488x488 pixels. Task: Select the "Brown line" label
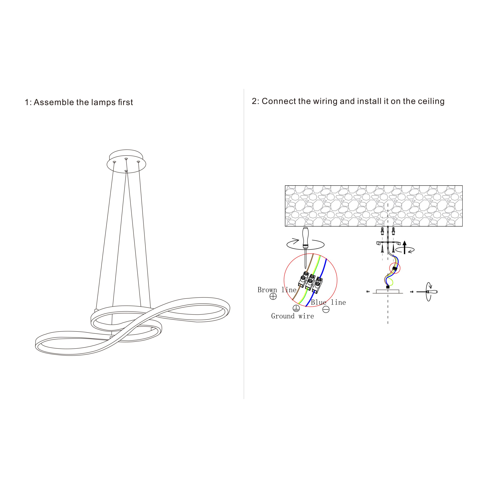pyautogui.click(x=277, y=290)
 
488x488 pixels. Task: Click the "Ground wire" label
pyautogui.click(x=292, y=316)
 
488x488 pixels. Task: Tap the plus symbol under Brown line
pyautogui.click(x=273, y=296)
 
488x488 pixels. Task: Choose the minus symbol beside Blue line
pyautogui.click(x=326, y=309)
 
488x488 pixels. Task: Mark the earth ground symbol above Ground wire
pyautogui.click(x=296, y=308)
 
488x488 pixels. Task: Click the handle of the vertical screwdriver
pyautogui.click(x=306, y=237)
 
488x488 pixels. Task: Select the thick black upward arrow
pyautogui.click(x=405, y=247)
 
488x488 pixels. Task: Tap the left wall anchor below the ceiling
pyautogui.click(x=382, y=231)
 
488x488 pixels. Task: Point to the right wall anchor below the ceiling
pyautogui.click(x=393, y=231)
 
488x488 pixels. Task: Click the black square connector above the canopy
pyautogui.click(x=388, y=287)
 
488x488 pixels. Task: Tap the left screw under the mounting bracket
pyautogui.click(x=382, y=250)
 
